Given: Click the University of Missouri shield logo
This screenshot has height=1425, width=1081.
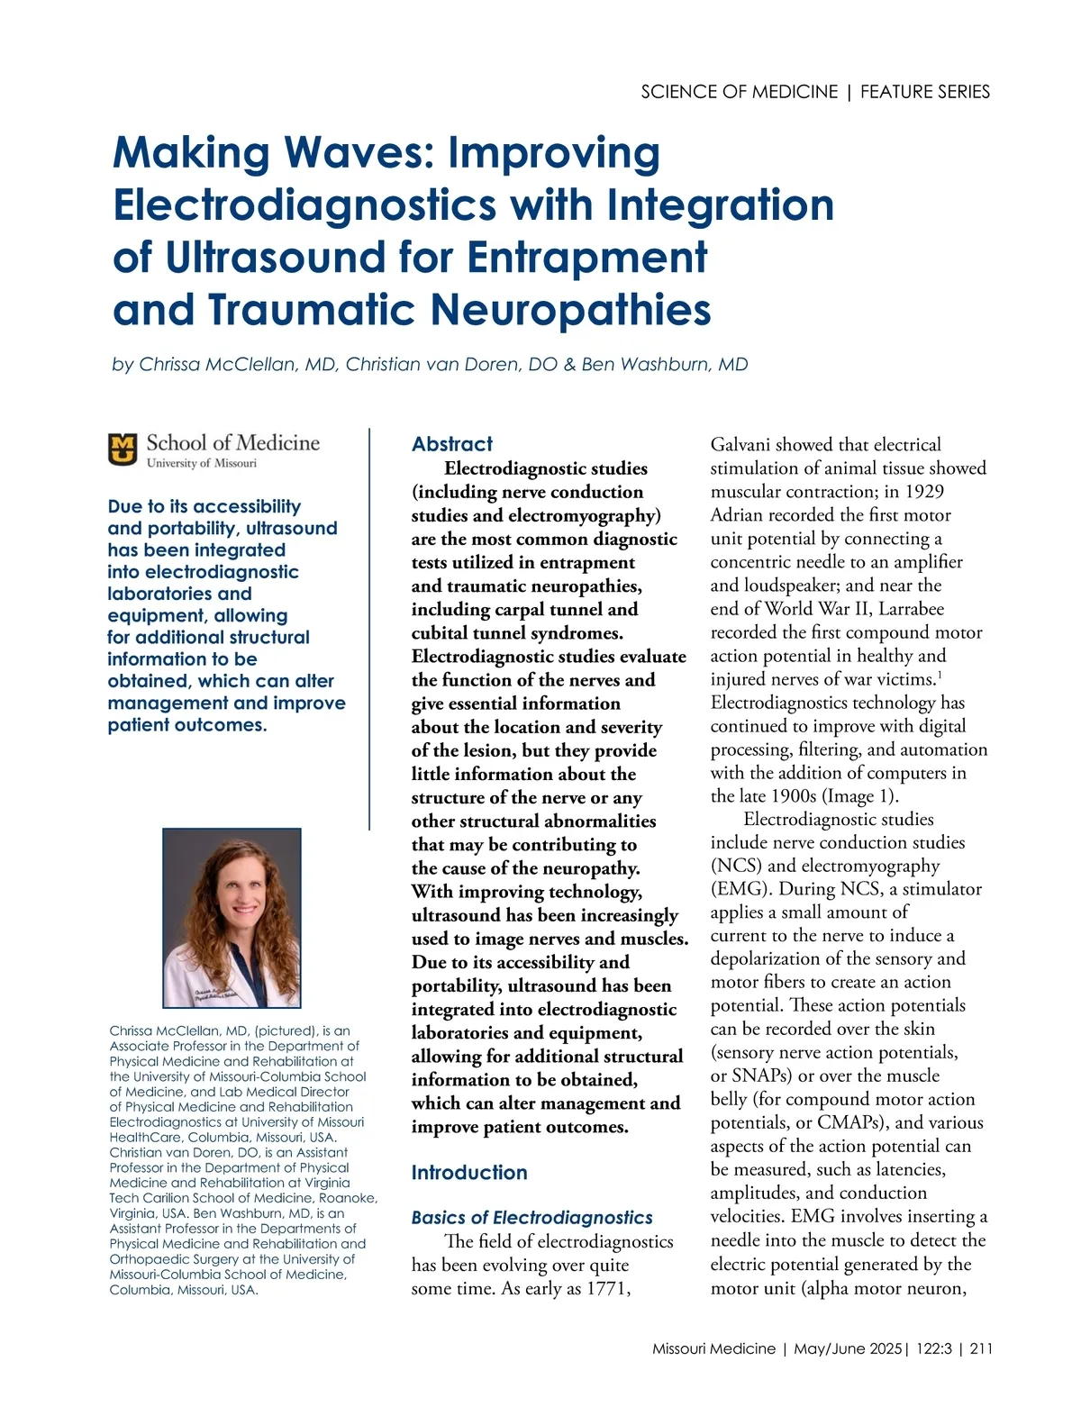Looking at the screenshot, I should coord(123,449).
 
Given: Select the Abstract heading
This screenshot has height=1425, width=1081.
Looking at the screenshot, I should coord(452,444).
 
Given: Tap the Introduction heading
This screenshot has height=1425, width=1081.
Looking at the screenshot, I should coord(469,1173).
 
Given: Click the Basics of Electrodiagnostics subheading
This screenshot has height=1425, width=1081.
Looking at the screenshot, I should coord(531,1218).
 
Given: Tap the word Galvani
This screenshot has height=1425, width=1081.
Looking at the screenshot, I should coord(740,444).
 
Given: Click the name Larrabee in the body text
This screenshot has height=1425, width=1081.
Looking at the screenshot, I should coord(912,608).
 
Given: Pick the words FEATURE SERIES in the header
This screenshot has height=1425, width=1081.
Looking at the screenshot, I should coord(925,92).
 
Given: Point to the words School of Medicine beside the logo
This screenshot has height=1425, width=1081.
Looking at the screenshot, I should coord(232,442).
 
